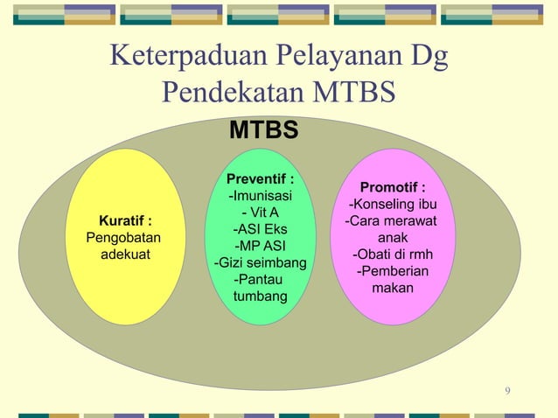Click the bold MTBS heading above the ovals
[263, 130]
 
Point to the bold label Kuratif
[123, 220]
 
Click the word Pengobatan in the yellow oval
[123, 237]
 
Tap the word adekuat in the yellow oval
[123, 254]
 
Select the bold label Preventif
[260, 179]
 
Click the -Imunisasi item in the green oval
[260, 196]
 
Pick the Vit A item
[260, 212]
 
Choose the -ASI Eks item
[260, 229]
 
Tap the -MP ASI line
[260, 246]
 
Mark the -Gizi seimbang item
[260, 262]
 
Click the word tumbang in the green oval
[260, 296]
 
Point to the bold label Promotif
[393, 187]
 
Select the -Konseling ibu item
[393, 205]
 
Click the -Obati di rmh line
[393, 254]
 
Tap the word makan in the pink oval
[393, 288]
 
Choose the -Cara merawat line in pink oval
[393, 220]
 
